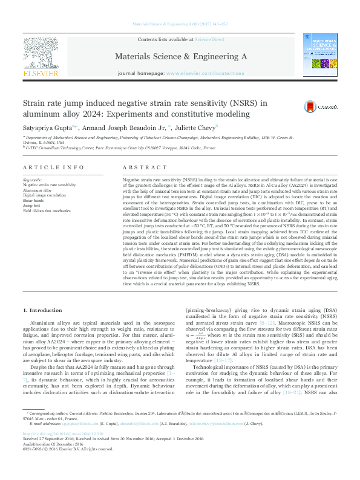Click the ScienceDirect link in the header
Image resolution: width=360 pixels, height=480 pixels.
click(x=209, y=39)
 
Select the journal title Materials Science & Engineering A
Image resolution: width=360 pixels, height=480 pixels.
click(x=180, y=56)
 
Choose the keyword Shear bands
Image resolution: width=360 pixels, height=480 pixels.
click(x=34, y=200)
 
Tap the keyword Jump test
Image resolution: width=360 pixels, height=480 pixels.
click(x=33, y=205)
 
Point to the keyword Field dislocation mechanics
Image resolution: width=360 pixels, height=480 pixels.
click(x=48, y=210)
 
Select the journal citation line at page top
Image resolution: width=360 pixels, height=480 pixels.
click(x=180, y=24)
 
